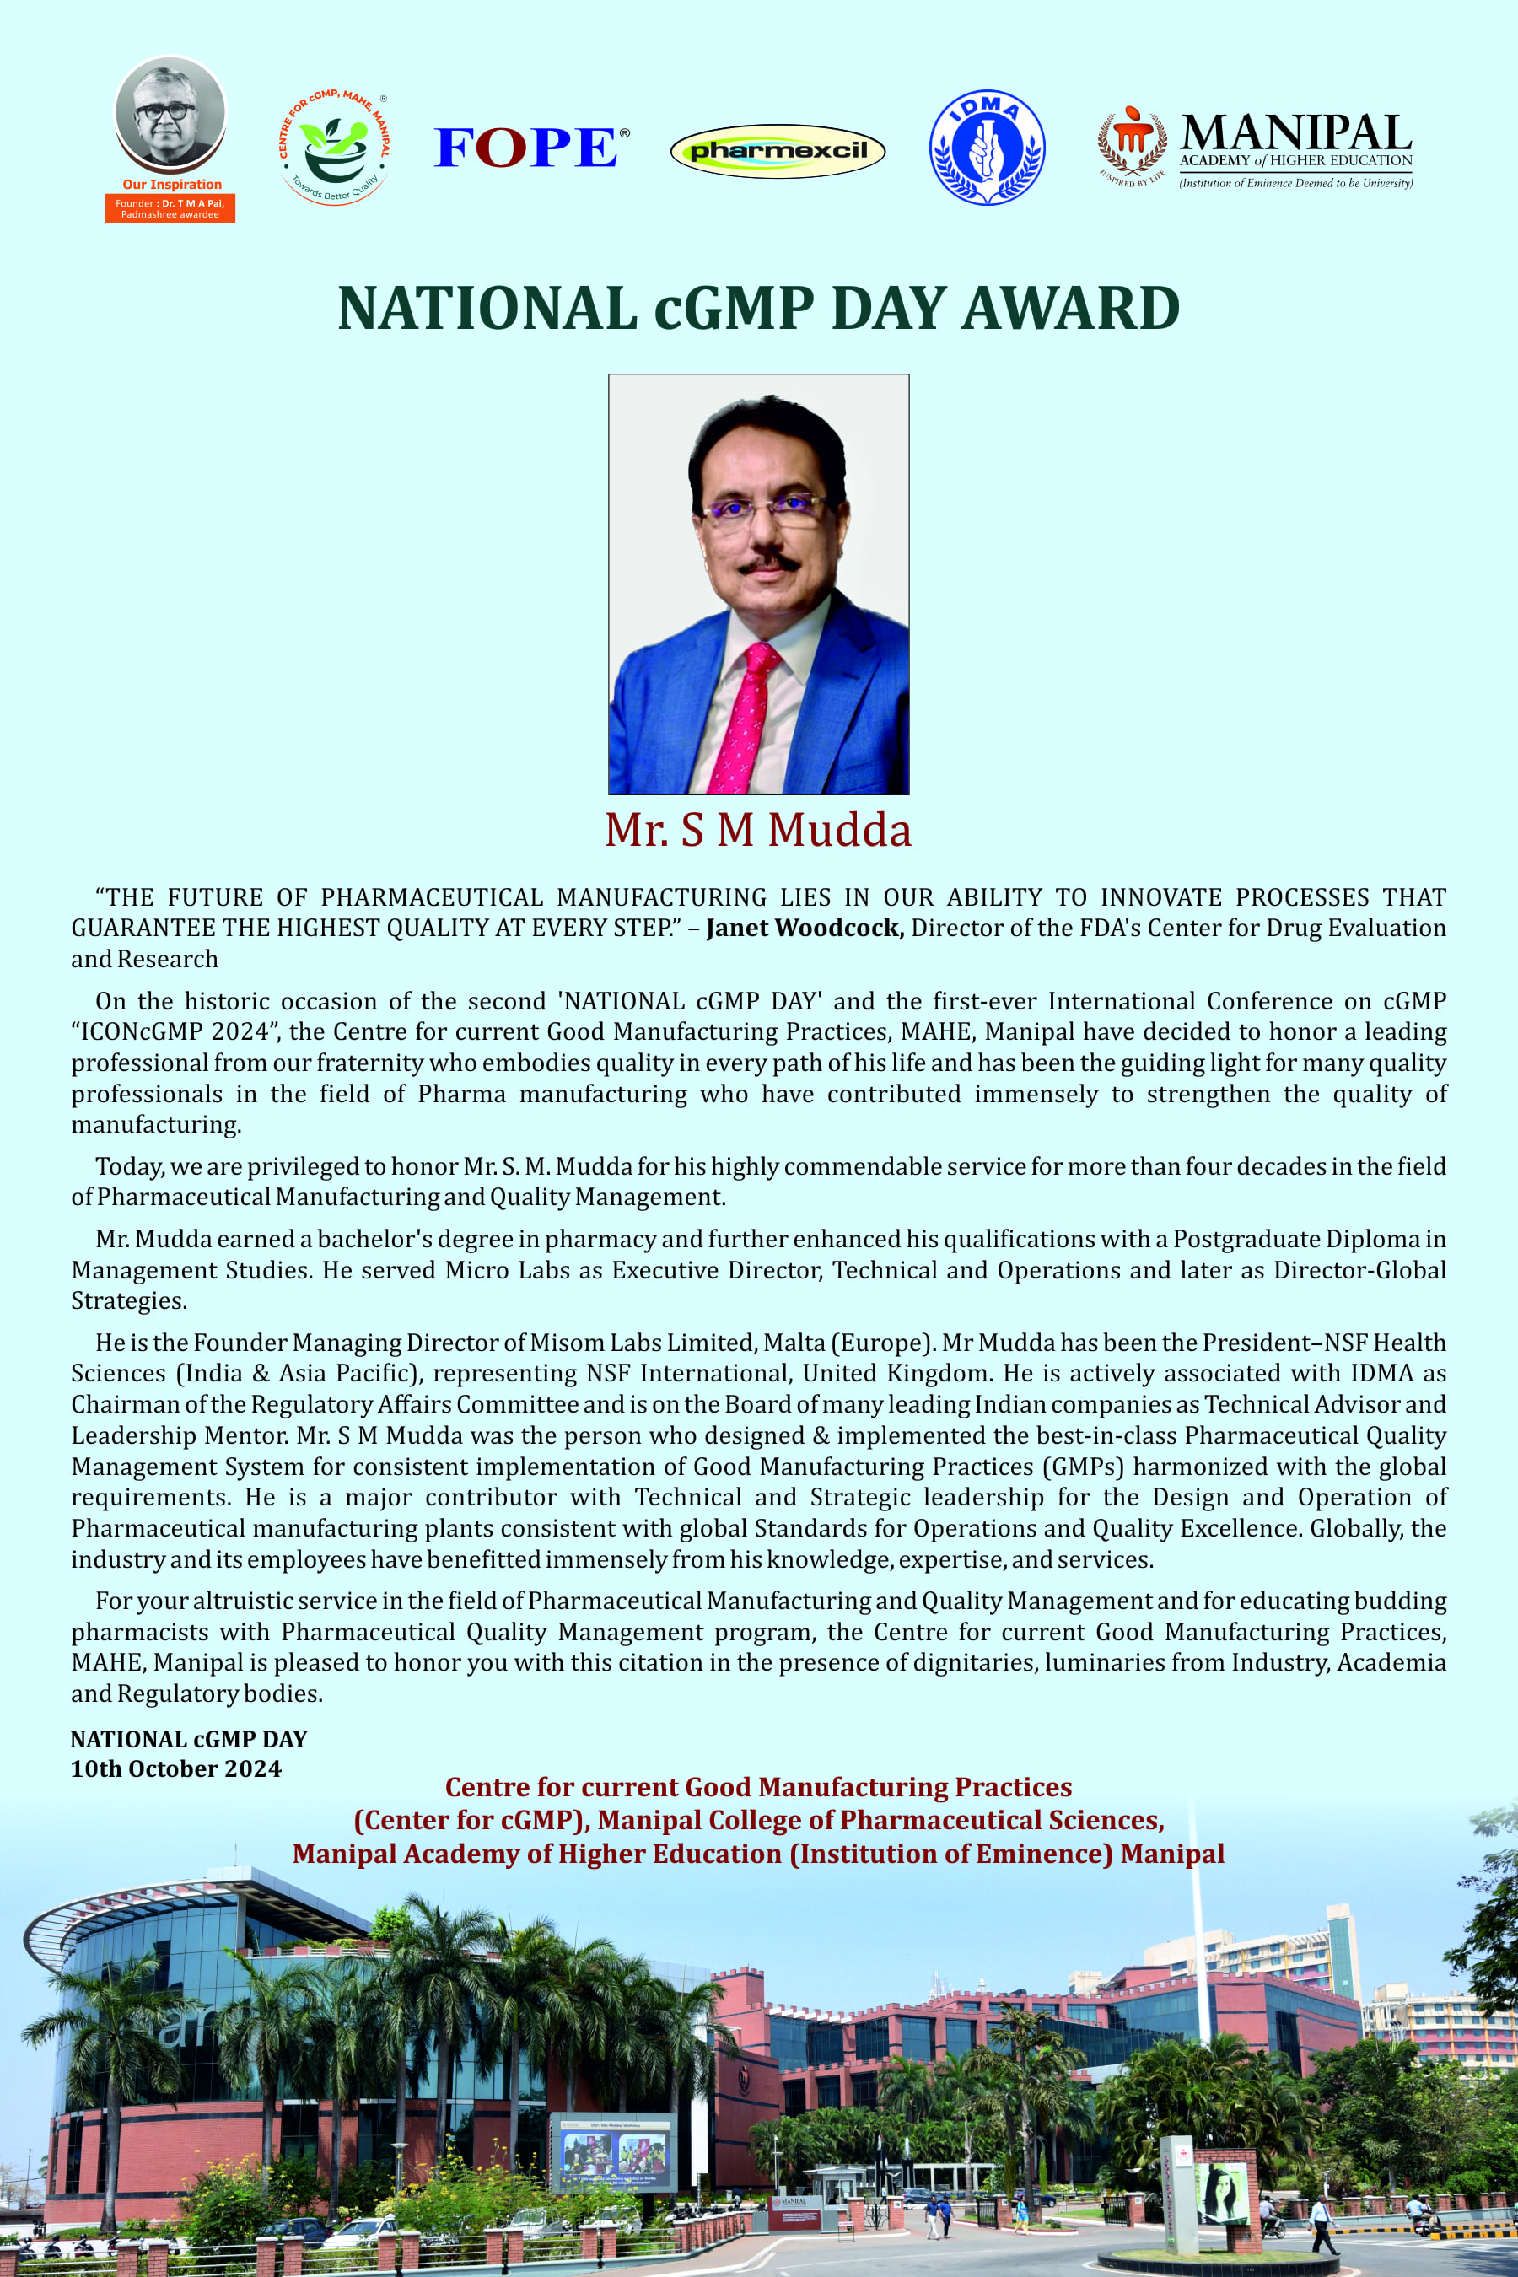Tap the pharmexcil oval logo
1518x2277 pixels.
(x=778, y=151)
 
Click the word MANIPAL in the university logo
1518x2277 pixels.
(x=1295, y=132)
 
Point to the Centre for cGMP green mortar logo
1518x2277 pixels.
(x=335, y=149)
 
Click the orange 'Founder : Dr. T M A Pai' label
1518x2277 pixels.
(x=170, y=208)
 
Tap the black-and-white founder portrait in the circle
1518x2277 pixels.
(x=170, y=113)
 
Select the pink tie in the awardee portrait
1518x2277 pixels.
(x=744, y=716)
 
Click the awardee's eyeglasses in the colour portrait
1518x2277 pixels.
(x=764, y=509)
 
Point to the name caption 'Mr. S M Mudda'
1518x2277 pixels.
(x=758, y=831)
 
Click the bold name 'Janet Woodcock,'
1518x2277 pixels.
(x=805, y=929)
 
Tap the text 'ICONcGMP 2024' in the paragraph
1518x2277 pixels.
(x=170, y=1032)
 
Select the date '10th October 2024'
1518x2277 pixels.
(x=176, y=1768)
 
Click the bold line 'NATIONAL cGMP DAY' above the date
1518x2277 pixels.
(x=189, y=1739)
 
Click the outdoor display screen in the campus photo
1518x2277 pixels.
(x=612, y=2151)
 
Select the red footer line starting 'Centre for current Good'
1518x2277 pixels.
(x=758, y=1787)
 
